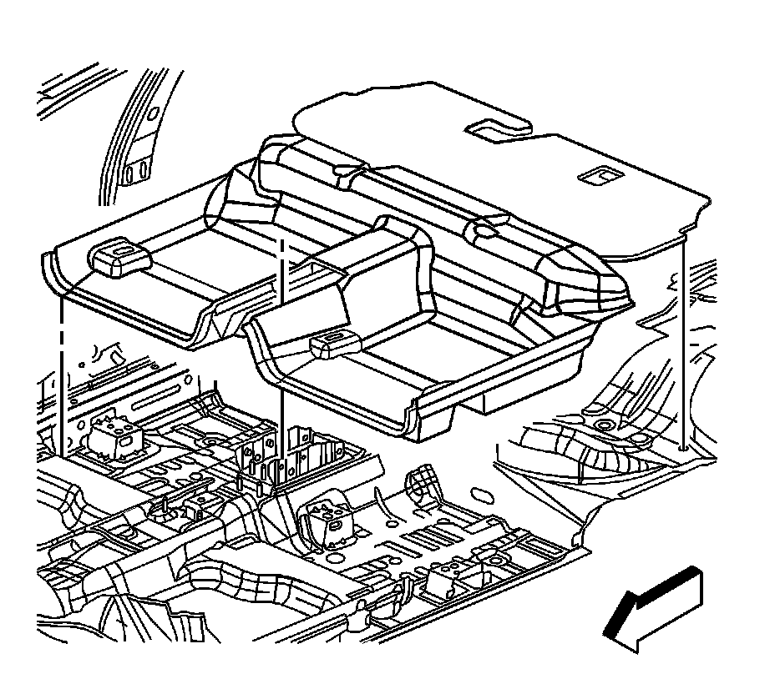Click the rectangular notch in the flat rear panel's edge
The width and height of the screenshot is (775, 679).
click(x=497, y=127)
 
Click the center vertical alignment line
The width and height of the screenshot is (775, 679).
click(x=285, y=350)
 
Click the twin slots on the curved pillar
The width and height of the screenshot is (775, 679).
click(x=139, y=174)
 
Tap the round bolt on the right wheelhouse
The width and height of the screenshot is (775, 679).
click(x=602, y=426)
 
